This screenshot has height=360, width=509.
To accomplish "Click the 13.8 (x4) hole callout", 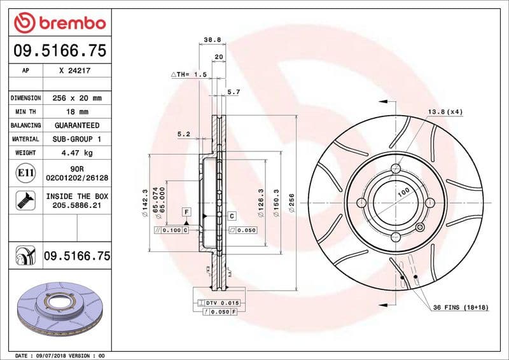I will coord(445,112).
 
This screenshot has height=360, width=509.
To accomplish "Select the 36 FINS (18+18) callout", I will coord(459,308).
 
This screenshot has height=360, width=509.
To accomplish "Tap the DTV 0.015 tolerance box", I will coord(218,303).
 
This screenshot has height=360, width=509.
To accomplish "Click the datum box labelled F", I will coord(187,211).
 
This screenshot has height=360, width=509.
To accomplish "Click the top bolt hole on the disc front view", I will coord(395,169).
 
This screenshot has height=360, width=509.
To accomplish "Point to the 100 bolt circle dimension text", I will coord(403,191).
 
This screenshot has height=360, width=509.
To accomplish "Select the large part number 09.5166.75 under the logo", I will coord(59,50).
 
